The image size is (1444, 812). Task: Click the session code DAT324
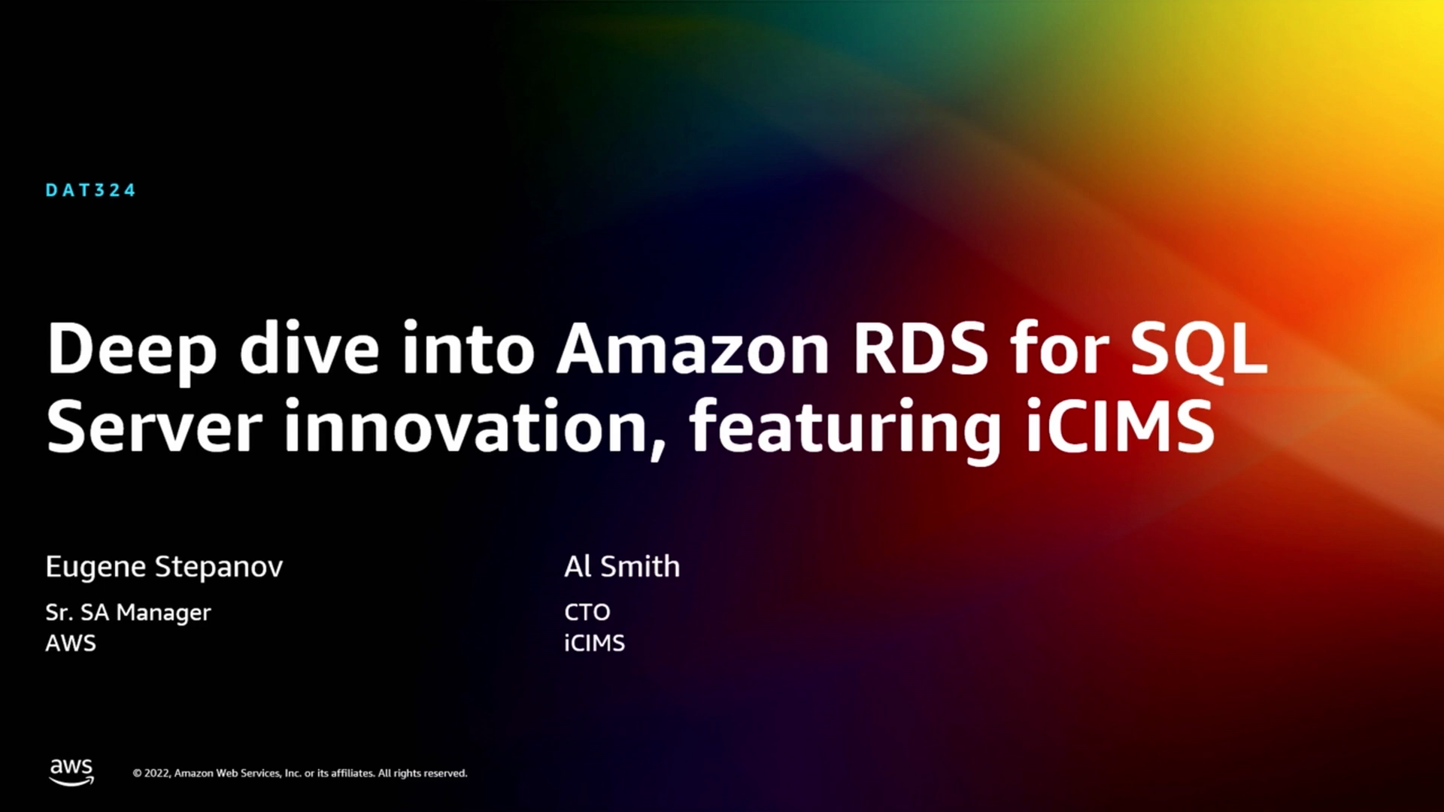(90, 190)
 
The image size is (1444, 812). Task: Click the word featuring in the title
(845, 428)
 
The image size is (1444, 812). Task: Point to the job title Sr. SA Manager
(128, 614)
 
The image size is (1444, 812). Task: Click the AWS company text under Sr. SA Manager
(71, 644)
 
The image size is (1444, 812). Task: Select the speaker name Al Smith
(622, 566)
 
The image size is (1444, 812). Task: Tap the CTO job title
(587, 612)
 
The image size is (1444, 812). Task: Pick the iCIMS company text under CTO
(595, 644)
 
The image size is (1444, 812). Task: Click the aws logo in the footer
(71, 772)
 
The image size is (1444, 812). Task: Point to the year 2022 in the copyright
(156, 774)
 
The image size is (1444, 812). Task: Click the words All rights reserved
(423, 773)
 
